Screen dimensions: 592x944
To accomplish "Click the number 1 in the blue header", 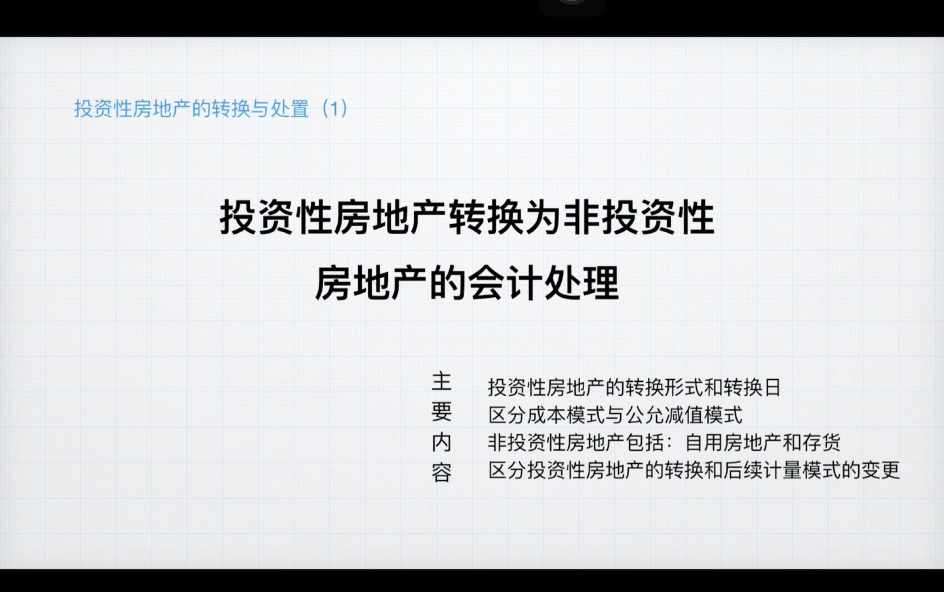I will point(335,109).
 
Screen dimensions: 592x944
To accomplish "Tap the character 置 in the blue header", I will point(300,109).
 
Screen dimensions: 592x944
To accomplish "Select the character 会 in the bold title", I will point(486,283).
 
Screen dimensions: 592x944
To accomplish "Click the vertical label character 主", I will point(442,382).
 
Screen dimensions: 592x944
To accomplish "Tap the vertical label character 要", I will point(442,412).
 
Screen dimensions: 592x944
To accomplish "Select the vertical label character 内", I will point(442,443).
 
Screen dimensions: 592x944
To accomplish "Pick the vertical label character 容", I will point(442,473).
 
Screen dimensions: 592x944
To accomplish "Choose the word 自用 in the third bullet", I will point(704,443).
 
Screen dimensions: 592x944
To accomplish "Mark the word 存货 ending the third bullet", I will point(822,443).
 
